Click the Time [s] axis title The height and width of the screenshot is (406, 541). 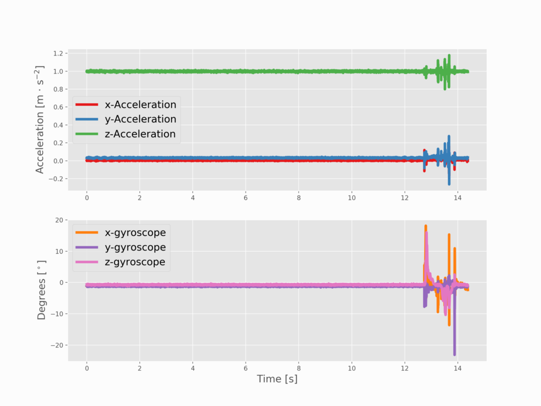[x=277, y=379]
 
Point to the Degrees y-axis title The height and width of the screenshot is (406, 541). [x=42, y=290]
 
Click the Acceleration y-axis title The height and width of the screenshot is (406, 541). [x=40, y=119]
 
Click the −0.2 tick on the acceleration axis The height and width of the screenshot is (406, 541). [x=55, y=179]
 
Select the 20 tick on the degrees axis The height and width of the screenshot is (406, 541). [x=59, y=220]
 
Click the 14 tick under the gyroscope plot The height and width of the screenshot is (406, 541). [x=458, y=368]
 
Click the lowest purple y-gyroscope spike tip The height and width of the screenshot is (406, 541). [x=454, y=355]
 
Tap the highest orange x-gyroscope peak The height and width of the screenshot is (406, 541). [x=426, y=226]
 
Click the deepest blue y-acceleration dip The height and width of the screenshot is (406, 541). [x=450, y=184]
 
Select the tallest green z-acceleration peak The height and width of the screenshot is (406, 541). [x=449, y=54]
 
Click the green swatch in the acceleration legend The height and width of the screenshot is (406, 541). [x=88, y=134]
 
